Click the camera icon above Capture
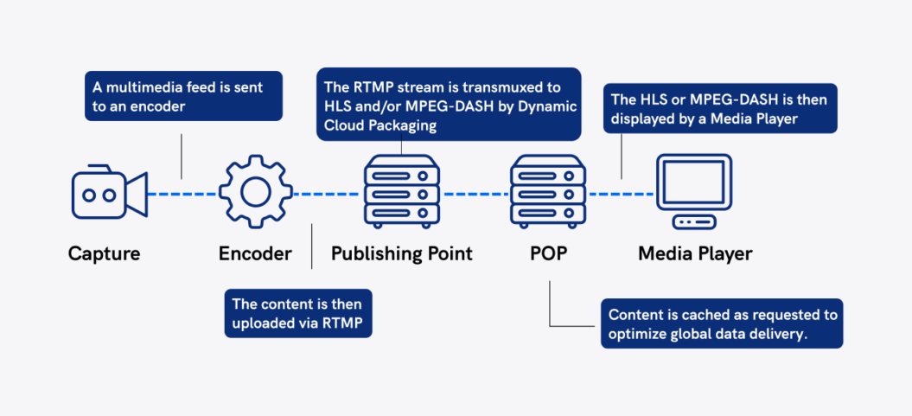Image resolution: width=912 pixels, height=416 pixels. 109,194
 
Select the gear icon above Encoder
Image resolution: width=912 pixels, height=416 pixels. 256,192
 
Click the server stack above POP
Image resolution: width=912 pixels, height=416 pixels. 548,191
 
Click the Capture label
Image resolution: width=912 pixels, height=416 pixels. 104,253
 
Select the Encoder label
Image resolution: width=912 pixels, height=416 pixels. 255,253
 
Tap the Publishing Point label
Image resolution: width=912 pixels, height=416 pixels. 402,253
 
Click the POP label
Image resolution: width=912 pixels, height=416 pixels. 548,253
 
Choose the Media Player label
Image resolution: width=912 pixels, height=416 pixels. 695,253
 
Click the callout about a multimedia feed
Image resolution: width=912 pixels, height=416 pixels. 183,96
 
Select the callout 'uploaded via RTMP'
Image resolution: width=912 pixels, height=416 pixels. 297,313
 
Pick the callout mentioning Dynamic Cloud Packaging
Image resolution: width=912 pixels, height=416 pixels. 449,105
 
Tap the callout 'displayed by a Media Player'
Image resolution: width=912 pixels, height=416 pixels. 719,108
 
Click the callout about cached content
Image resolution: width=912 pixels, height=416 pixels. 721,324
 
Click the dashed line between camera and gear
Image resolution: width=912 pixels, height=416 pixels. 182,193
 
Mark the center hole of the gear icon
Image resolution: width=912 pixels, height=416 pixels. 256,192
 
